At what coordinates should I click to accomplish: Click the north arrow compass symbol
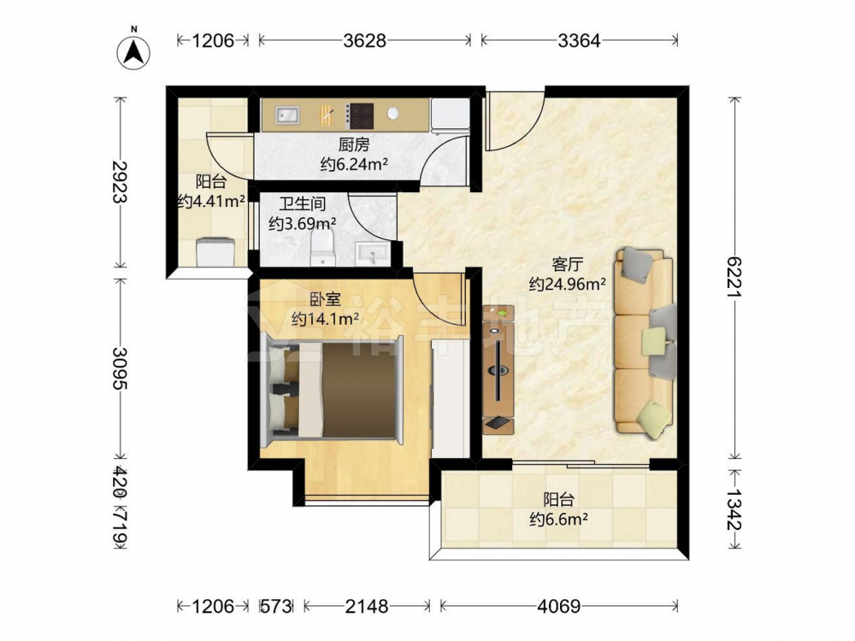pos(134,52)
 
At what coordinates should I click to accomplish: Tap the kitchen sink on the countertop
pos(287,115)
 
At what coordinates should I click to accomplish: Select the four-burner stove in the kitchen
pos(361,115)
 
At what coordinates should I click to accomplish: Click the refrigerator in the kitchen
pos(451,115)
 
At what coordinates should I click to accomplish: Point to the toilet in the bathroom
pos(321,246)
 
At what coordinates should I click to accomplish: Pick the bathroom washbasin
pos(373,254)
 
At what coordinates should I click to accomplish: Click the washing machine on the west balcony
pos(215,251)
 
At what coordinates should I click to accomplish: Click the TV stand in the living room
pos(498,369)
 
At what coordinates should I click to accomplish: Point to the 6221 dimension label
pos(735,278)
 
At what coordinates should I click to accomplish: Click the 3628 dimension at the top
pos(364,40)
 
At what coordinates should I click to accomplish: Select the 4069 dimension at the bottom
pos(559,606)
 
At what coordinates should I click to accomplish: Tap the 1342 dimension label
pos(735,509)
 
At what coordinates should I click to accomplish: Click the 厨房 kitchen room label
pos(354,144)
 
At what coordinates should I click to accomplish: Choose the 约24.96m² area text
pos(568,284)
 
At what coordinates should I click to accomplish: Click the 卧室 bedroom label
pos(326,299)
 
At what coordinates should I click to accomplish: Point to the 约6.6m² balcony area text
pos(558,519)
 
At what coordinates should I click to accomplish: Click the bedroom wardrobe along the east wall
pos(451,398)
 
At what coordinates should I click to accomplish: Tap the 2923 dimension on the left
pos(120,181)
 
